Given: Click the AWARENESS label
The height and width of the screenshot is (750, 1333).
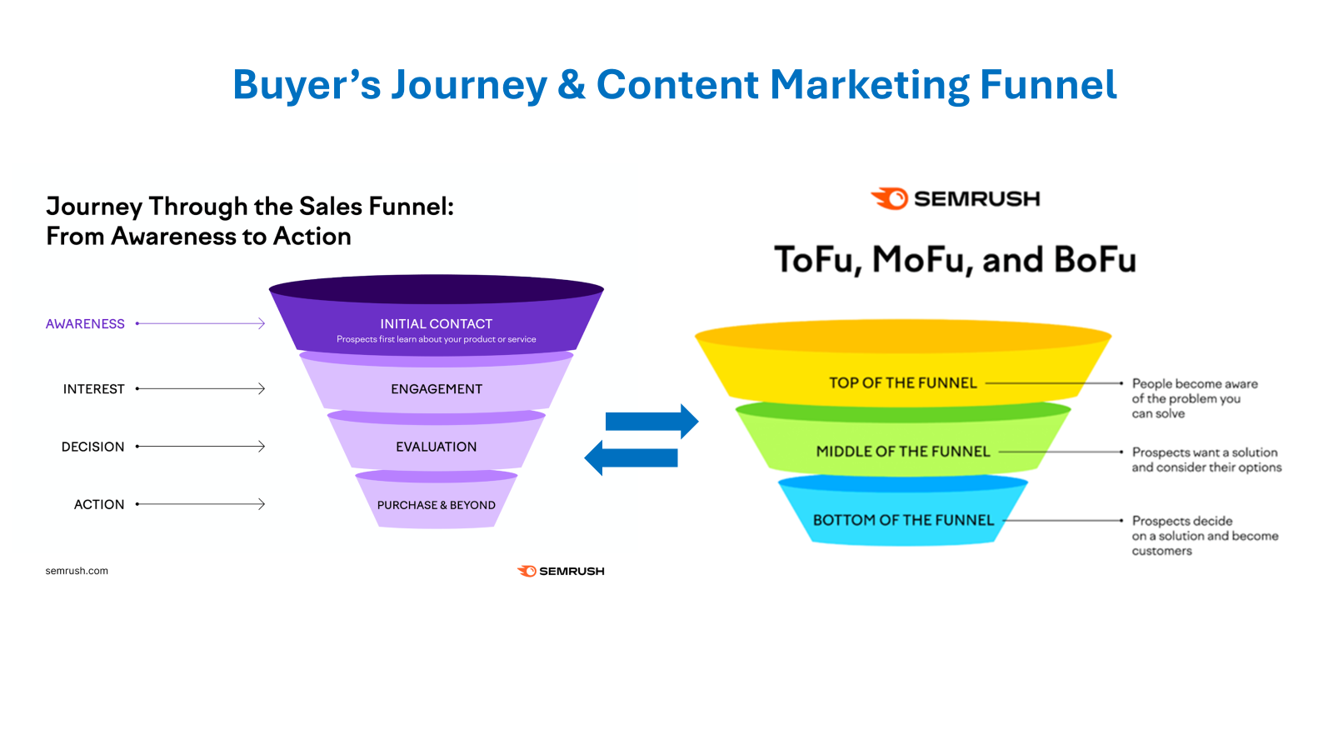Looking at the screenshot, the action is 85,324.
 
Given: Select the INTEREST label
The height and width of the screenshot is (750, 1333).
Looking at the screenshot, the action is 93,388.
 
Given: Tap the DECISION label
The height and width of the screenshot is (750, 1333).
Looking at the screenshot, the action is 92,447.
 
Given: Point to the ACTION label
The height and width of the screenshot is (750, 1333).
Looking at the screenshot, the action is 99,504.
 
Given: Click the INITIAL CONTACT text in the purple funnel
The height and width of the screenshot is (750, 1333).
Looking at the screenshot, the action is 437,324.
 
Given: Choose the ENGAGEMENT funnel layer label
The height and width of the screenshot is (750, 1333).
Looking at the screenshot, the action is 437,388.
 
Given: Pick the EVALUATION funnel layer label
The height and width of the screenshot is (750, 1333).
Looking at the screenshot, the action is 437,447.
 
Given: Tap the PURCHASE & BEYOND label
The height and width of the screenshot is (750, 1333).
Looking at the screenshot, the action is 437,505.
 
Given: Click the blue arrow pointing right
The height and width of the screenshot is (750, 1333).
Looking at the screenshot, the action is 652,422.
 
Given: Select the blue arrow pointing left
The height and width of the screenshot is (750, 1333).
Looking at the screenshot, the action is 631,457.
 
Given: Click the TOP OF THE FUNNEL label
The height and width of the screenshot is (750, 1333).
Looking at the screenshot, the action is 903,382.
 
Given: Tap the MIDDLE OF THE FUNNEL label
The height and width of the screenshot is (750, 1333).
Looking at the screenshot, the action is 903,451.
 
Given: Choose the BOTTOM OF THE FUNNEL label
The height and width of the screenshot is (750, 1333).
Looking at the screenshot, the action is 903,520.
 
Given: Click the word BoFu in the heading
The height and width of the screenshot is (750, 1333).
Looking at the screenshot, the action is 1095,260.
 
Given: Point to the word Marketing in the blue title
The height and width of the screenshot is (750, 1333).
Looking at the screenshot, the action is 870,84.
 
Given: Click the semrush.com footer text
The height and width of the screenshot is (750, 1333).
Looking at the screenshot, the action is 77,571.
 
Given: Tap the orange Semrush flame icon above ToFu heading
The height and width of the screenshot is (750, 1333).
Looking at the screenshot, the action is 890,199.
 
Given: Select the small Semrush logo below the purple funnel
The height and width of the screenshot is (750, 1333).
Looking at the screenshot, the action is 561,572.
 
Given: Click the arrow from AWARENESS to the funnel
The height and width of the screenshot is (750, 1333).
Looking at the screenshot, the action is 201,323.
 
